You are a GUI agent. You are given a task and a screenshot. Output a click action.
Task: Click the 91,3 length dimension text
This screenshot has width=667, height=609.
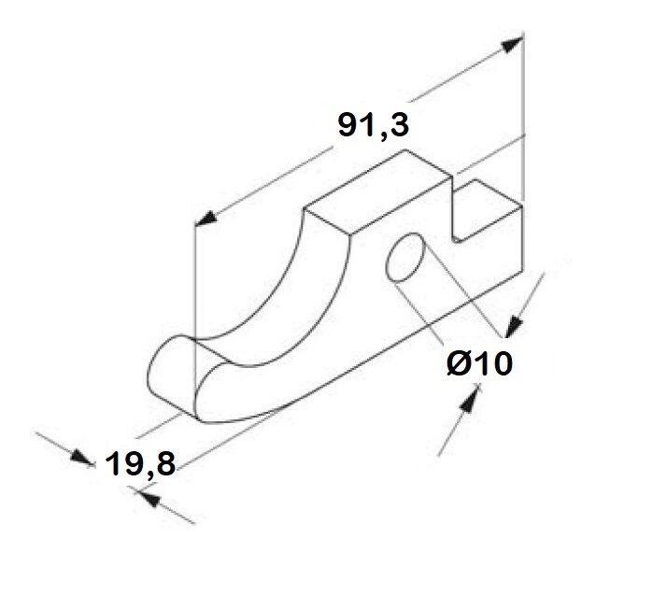[x=373, y=124]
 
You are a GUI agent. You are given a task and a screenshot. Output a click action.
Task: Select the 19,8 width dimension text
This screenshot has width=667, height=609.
[x=139, y=463]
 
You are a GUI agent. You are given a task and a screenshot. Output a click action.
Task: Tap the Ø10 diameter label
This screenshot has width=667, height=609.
[x=480, y=364]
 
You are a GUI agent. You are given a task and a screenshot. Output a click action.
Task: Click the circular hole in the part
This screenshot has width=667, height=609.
[x=405, y=257]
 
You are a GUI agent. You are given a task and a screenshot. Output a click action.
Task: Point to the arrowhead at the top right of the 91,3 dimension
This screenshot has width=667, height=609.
[x=512, y=44]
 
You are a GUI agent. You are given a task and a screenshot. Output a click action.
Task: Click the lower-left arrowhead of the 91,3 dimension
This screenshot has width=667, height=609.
[x=206, y=218]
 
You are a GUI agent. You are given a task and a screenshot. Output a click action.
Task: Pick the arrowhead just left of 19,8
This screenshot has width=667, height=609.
[x=81, y=457]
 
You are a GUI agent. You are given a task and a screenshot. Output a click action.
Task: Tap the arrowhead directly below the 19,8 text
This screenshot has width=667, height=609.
[x=149, y=499]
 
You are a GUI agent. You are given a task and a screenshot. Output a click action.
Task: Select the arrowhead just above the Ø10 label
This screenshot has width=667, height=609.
[x=514, y=326]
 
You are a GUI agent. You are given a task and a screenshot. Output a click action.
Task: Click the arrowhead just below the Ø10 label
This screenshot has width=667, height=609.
[x=470, y=398]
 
